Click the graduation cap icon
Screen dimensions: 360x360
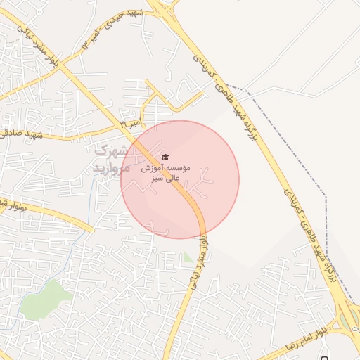coord(165,157)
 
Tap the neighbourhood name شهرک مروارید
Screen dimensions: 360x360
coord(112,159)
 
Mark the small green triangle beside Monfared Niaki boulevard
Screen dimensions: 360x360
coord(187,258)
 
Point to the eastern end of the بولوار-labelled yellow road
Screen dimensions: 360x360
coord(91,229)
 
